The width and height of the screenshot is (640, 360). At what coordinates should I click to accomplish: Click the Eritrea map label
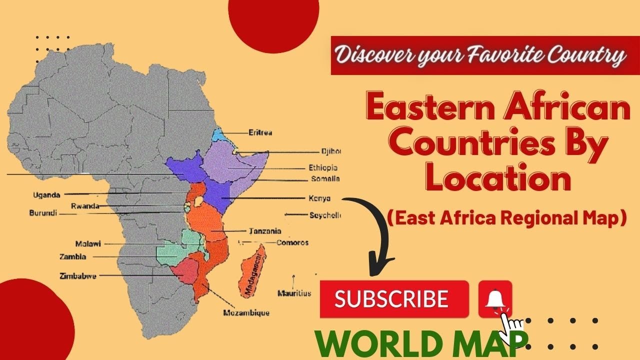(260, 133)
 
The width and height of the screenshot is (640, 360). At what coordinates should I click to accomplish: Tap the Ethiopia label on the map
(323, 168)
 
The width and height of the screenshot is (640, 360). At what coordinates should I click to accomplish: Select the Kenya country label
(319, 198)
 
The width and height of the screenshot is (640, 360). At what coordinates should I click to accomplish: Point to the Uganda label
(46, 195)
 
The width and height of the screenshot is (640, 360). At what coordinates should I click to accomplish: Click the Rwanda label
(84, 206)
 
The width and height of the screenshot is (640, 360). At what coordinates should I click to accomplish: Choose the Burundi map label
(43, 213)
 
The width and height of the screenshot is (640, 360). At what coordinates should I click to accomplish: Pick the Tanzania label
(264, 231)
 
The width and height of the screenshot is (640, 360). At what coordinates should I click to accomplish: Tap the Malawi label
(88, 244)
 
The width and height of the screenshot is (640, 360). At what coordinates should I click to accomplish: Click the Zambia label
(73, 257)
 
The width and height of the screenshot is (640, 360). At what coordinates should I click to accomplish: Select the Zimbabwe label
(78, 275)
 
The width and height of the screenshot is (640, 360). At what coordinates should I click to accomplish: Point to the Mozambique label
(246, 313)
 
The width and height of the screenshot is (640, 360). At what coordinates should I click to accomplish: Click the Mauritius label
(294, 293)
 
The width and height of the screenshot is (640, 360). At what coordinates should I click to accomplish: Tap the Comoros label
(292, 243)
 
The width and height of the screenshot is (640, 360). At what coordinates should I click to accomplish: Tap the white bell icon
(494, 299)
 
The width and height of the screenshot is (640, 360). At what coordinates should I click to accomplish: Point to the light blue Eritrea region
(219, 135)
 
